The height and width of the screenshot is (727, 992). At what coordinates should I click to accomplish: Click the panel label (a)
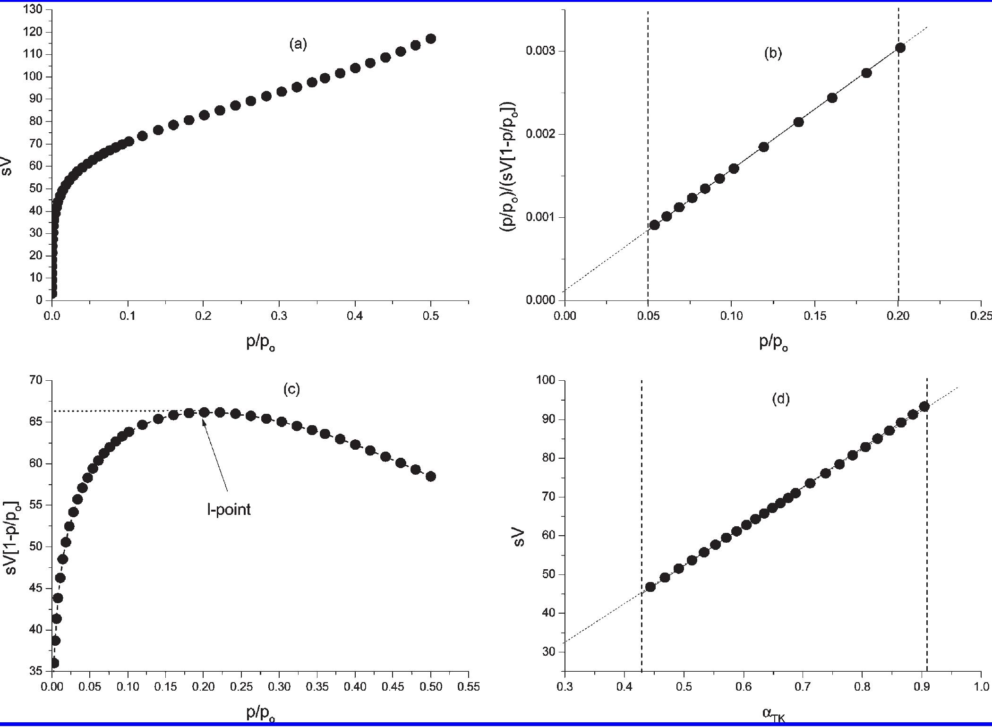[x=298, y=44]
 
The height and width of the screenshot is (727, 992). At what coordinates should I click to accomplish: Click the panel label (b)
[x=773, y=53]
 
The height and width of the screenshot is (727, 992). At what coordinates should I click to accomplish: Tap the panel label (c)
[x=291, y=389]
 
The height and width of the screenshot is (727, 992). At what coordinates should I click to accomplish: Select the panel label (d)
[x=780, y=399]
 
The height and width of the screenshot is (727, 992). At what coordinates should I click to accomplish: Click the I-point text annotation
[x=229, y=509]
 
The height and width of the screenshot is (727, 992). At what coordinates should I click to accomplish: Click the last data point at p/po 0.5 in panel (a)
[x=430, y=39]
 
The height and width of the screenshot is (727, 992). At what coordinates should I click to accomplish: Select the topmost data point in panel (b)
[x=900, y=48]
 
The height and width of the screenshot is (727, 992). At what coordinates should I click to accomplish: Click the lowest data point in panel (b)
[x=654, y=225]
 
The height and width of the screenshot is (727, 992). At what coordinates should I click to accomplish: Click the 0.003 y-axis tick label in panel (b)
[x=541, y=51]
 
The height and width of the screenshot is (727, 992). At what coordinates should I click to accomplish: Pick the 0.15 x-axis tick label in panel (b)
[x=814, y=316]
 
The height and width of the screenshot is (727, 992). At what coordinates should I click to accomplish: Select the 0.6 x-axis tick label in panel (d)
[x=744, y=686]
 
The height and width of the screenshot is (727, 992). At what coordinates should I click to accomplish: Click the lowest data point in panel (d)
[x=650, y=587]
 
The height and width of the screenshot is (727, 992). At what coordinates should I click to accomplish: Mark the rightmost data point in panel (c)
[x=430, y=477]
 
